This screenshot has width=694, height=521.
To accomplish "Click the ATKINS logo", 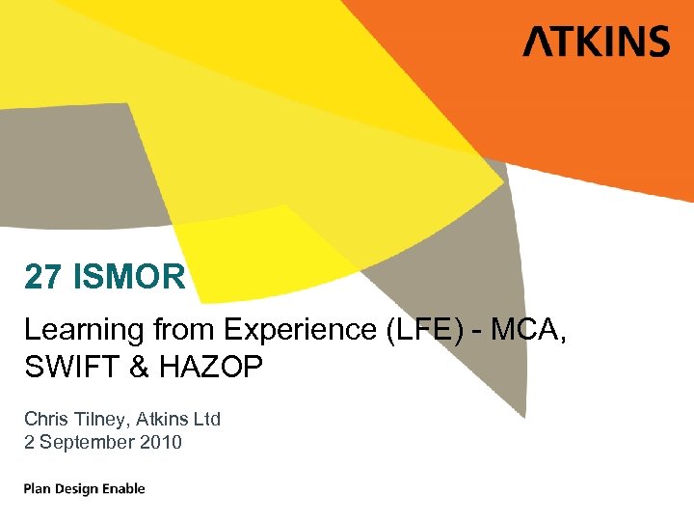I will click(596, 42).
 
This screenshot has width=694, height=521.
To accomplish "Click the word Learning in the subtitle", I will click(84, 331).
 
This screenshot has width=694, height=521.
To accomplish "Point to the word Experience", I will click(303, 331).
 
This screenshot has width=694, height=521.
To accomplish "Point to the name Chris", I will click(45, 419).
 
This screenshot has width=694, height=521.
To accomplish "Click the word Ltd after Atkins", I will click(205, 419).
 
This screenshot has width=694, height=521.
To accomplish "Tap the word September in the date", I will click(89, 442).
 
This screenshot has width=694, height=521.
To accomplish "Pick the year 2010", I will click(163, 442).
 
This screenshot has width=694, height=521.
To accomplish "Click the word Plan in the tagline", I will click(39, 488).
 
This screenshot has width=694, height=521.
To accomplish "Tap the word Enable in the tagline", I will click(125, 488).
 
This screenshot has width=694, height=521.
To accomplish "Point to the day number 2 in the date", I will click(29, 442).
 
